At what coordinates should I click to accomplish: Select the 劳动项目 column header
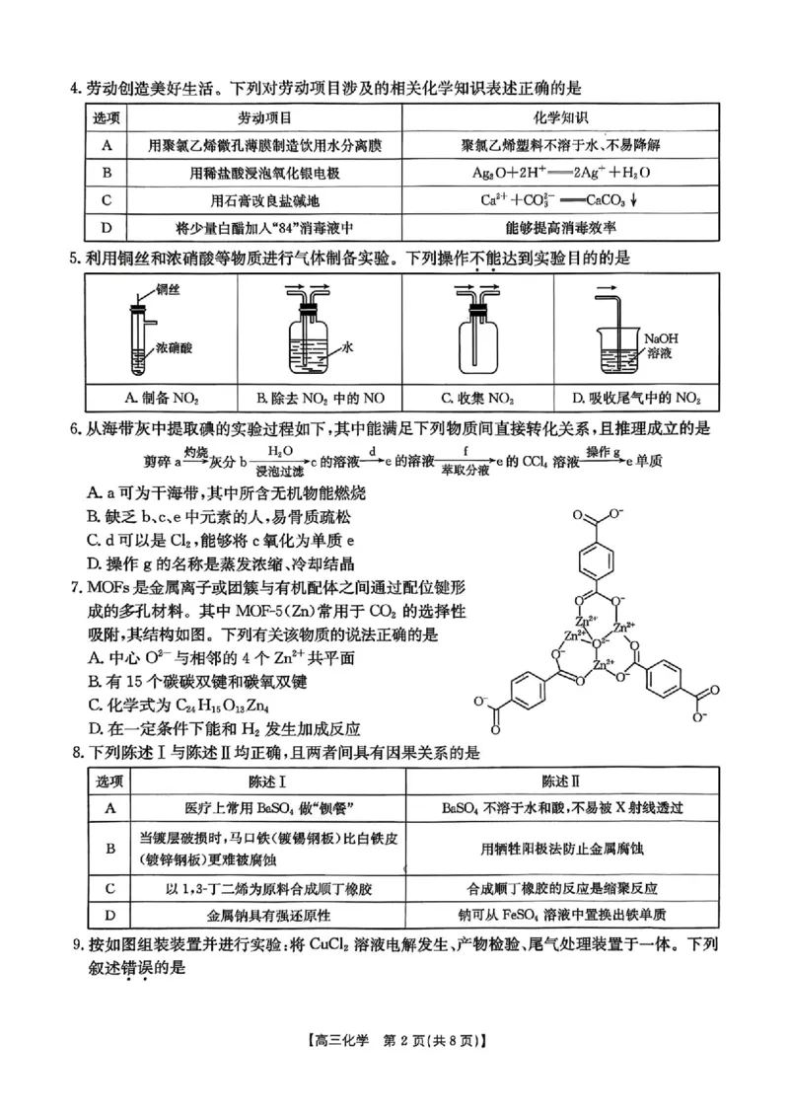pyautogui.click(x=258, y=118)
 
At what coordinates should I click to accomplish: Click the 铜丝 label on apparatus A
pyautogui.click(x=167, y=291)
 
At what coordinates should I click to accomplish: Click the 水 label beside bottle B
pyautogui.click(x=347, y=347)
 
